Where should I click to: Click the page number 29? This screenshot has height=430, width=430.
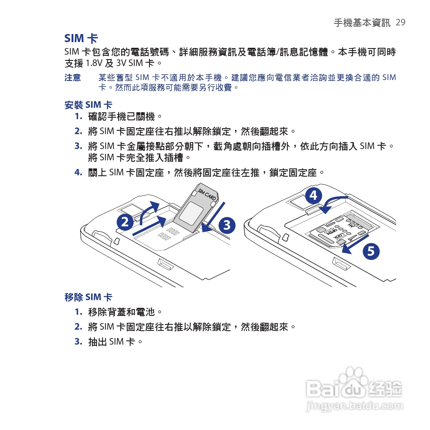pos(400,22)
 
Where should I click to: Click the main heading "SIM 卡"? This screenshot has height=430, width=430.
pos(81,39)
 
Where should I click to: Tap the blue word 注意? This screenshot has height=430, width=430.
pos(73,78)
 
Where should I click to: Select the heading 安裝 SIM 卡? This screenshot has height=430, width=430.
pos(88,105)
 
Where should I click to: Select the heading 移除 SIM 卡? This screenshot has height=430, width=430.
pos(88,297)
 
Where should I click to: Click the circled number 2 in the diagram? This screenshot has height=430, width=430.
pos(125,222)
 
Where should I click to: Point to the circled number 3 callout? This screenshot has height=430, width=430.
pos(227,225)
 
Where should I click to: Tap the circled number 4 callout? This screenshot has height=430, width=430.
pos(313,196)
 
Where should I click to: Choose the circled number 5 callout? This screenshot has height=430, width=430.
pos(371,251)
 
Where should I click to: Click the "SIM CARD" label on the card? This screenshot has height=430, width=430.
pos(207,194)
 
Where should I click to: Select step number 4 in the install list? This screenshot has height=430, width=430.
pos(78,172)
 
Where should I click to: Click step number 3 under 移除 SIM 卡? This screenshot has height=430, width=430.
pos(78,341)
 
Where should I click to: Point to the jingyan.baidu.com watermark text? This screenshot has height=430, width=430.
pos(354,406)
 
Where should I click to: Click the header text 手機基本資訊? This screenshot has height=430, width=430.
pos(362,22)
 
